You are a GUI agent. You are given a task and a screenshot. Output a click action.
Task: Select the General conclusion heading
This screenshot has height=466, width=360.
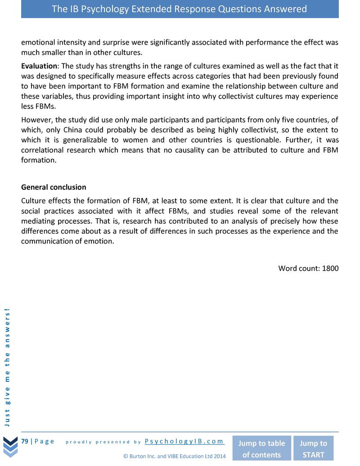[x=54, y=187]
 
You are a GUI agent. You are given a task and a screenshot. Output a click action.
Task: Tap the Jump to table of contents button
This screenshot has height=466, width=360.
[x=261, y=448]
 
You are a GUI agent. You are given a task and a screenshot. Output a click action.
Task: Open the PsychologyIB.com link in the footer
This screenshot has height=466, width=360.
[x=184, y=441]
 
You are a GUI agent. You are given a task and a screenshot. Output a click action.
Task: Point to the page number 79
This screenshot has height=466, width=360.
[x=25, y=441]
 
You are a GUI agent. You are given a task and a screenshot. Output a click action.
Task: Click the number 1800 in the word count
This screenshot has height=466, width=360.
[x=330, y=268]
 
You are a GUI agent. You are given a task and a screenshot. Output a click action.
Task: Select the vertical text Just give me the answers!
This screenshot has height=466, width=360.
[x=8, y=366]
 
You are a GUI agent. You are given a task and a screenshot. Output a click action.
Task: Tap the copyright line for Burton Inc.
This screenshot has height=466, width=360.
[x=174, y=456]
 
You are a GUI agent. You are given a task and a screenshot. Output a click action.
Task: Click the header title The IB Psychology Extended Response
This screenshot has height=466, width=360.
[x=180, y=9]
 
